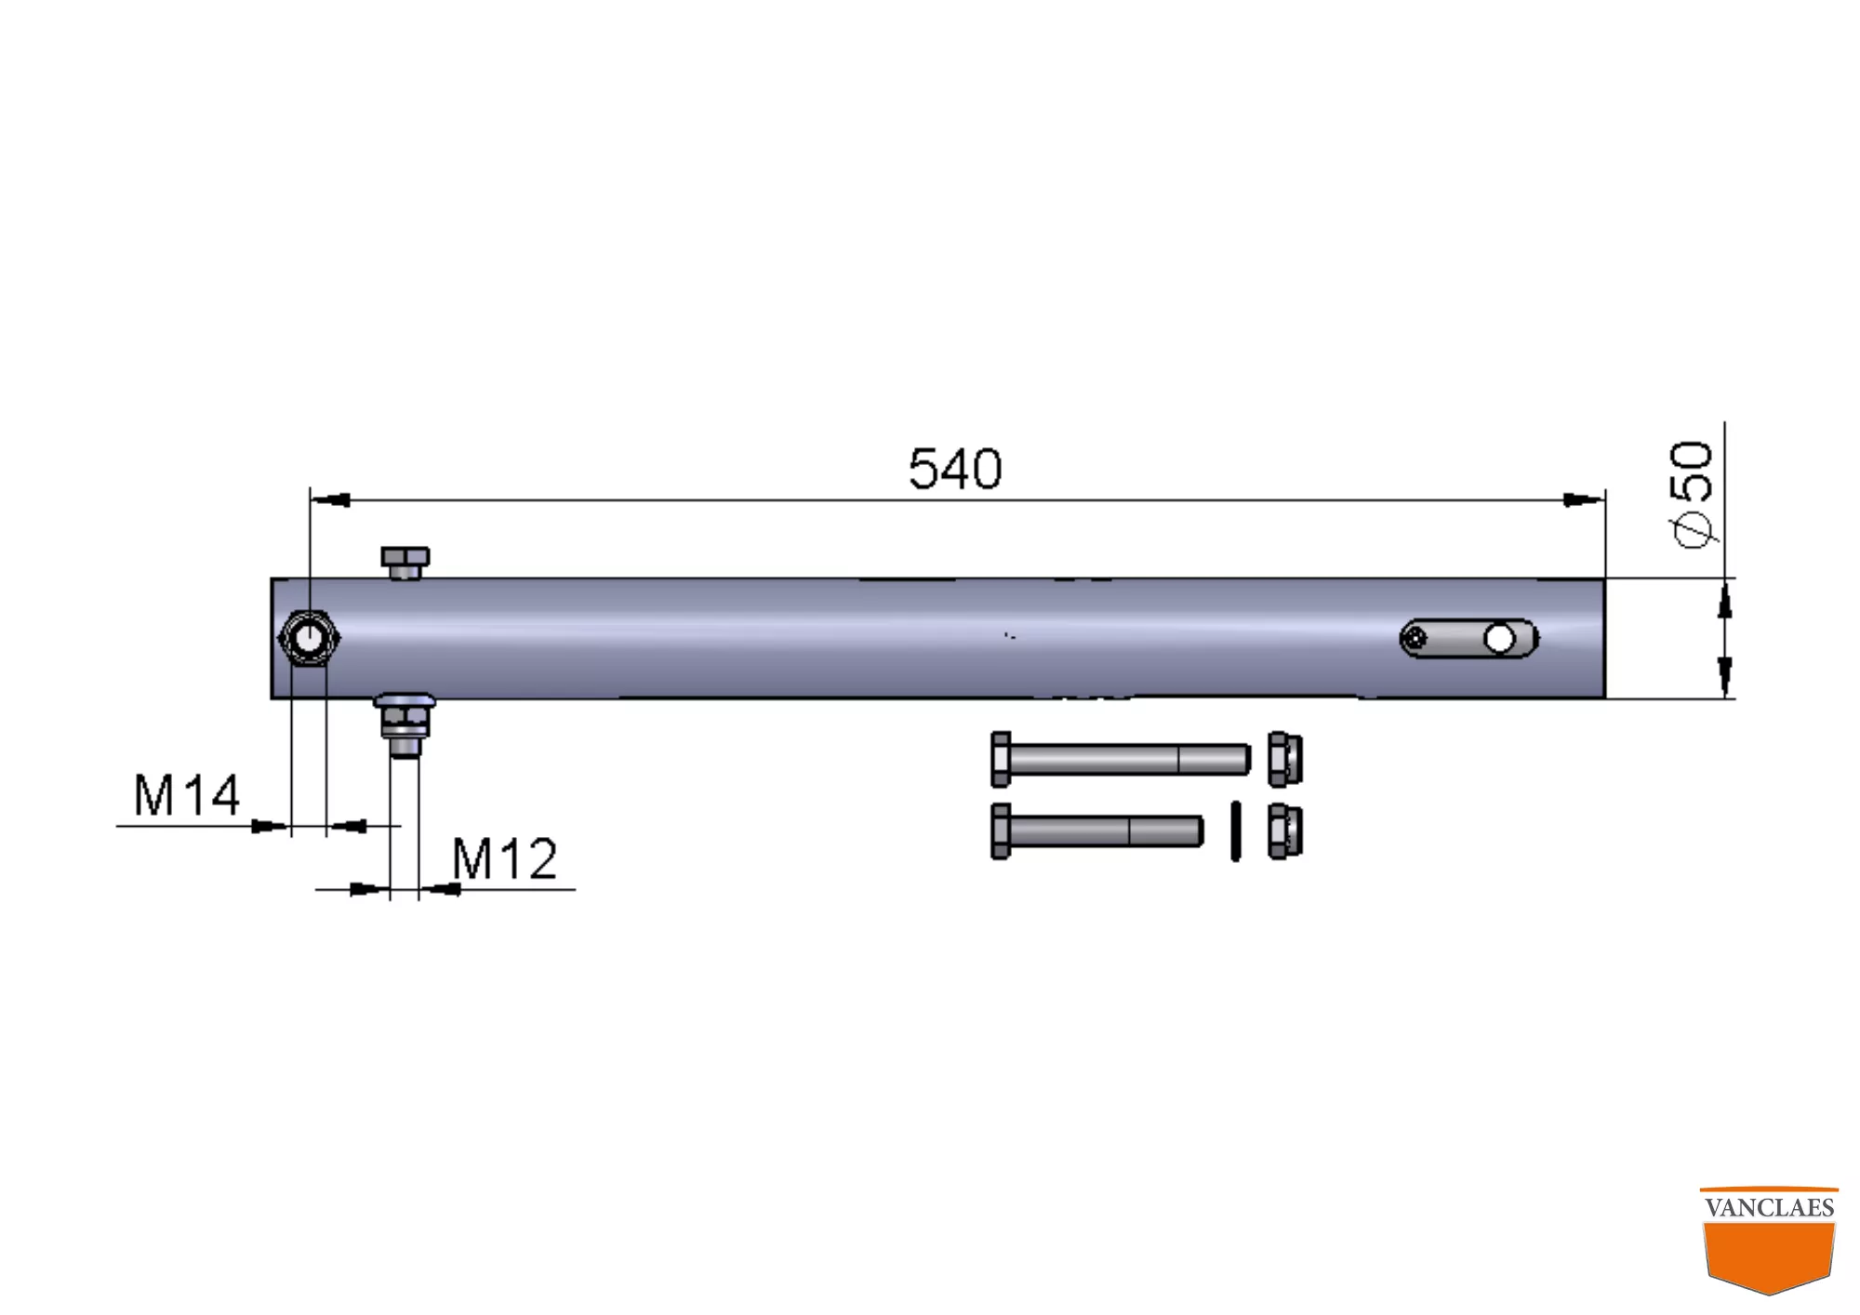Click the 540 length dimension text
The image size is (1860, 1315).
coord(955,469)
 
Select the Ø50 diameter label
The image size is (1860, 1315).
coord(1691,494)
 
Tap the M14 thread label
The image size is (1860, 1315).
coord(187,796)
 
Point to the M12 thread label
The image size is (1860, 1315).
coord(504,858)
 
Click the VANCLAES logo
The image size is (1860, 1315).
coord(1769,1241)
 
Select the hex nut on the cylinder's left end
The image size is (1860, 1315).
coord(310,638)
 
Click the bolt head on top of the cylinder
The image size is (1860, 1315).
coord(405,563)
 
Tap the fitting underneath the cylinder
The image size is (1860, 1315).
coord(405,724)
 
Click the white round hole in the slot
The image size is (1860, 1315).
coord(1499,639)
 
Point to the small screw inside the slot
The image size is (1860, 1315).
coord(1415,639)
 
